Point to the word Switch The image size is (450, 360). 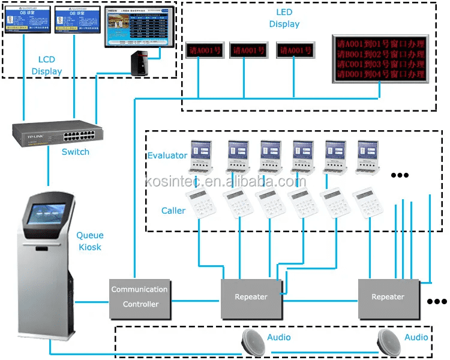coord(76,152)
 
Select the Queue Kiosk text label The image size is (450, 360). coord(89,241)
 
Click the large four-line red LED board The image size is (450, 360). coord(380,59)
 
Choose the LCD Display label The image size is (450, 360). coord(47,65)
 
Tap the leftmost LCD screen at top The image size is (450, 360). coord(26,20)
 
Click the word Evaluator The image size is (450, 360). coord(168,156)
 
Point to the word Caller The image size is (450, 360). coord(173,211)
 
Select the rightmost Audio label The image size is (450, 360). coord(416,337)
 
